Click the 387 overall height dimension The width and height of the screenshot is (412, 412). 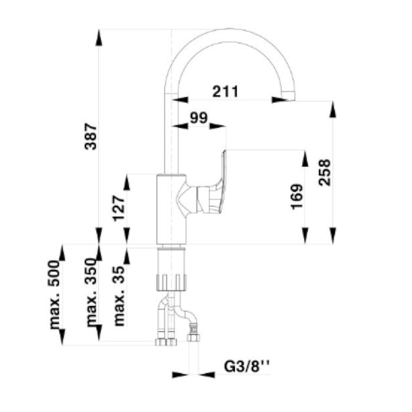91,136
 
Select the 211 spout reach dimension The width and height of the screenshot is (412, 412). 225,91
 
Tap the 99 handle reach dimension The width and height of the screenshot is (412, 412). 199,118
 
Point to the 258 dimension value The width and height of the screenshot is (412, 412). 324,172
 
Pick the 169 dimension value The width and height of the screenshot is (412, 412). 297,197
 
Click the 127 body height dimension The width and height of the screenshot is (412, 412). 118,208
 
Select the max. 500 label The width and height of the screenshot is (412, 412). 55,294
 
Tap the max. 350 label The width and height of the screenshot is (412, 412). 91,292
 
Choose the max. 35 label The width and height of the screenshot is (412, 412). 119,296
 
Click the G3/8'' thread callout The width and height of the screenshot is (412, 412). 247,366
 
